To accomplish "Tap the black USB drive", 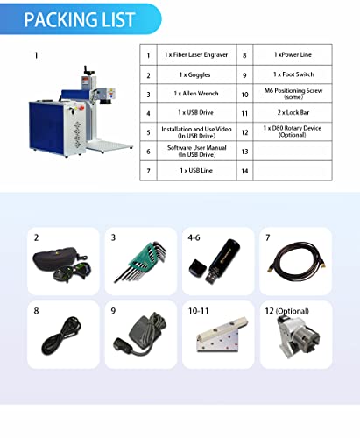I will pyautogui.click(x=215, y=261).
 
